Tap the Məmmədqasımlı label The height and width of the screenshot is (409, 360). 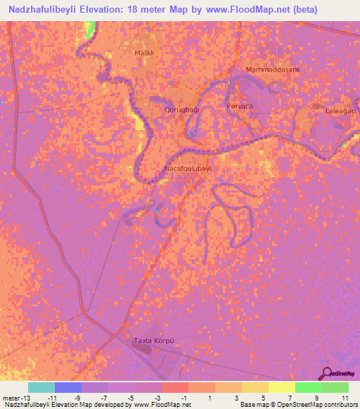click(274, 70)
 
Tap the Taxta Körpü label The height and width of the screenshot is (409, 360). click(153, 341)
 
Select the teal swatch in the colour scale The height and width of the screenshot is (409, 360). click(41, 387)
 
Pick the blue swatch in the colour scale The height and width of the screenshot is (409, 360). click(67, 387)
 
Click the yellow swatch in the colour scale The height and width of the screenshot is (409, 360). click(281, 387)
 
